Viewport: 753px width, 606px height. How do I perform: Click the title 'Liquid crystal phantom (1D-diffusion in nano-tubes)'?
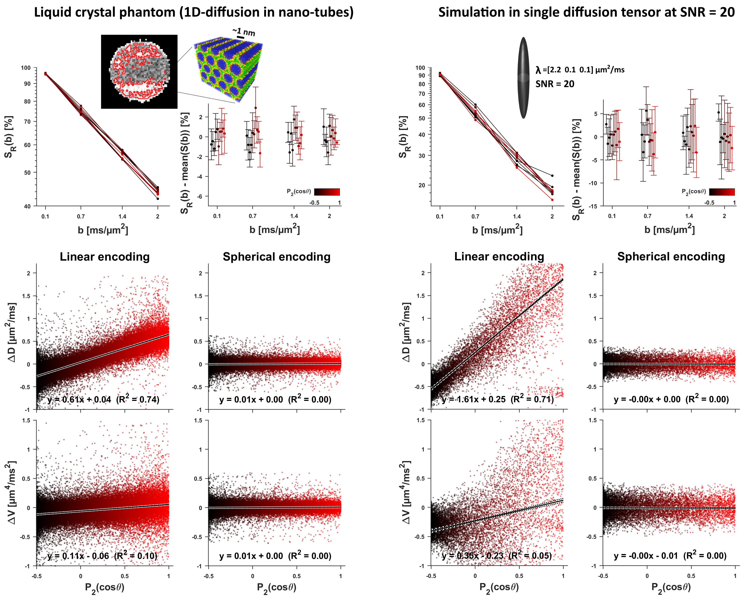tap(194, 13)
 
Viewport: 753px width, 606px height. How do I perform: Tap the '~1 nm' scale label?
tap(244, 32)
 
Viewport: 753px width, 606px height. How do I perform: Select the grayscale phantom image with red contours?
tap(139, 72)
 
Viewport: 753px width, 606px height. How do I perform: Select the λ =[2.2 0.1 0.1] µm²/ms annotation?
tap(580, 70)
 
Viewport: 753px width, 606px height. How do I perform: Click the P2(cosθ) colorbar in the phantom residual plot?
tap(327, 192)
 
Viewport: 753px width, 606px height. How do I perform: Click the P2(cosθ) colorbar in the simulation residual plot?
tap(722, 192)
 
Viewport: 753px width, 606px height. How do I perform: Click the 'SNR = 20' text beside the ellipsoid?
tap(555, 84)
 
